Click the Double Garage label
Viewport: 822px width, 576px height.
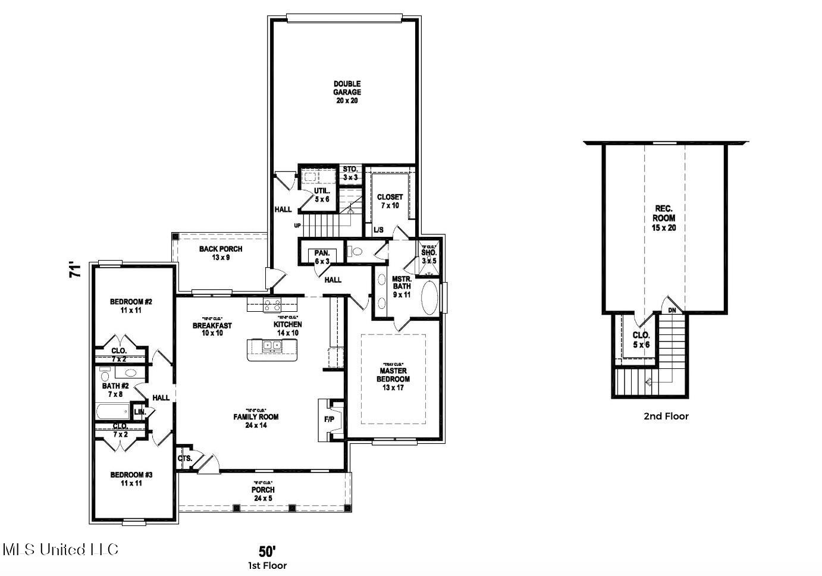pos(347,92)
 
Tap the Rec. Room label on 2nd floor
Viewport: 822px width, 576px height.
pos(665,218)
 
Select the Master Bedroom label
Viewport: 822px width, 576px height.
pos(393,375)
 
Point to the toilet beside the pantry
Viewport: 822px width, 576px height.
pos(356,252)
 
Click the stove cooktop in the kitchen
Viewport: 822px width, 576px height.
pos(272,305)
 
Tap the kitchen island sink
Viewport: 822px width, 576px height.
pos(272,345)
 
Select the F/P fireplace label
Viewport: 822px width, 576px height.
pos(329,420)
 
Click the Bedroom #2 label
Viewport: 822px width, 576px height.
pos(131,306)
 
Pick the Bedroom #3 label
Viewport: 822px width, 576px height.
pos(131,479)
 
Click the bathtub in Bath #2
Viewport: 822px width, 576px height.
pos(112,411)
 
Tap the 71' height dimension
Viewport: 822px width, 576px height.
pos(74,271)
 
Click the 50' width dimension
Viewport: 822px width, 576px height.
pos(267,551)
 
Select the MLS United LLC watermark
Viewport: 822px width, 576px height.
pos(61,549)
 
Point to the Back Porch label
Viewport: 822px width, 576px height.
pos(221,253)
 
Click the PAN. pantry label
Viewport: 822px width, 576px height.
pos(322,257)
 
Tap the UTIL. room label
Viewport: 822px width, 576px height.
pos(322,195)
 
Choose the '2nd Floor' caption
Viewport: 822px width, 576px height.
pos(666,417)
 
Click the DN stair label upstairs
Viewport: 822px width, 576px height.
pos(672,310)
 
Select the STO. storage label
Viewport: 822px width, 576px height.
pos(350,173)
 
